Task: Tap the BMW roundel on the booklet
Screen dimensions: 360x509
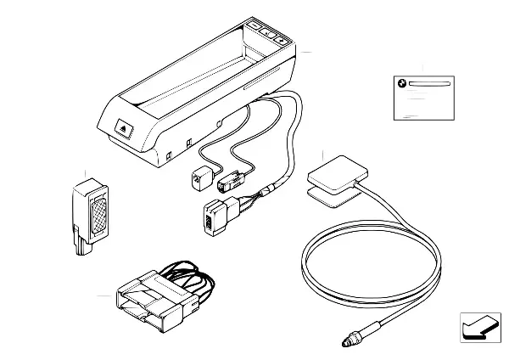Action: pos(402,83)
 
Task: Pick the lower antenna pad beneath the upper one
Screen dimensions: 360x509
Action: pos(327,196)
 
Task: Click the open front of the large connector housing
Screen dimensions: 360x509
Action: pos(136,306)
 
